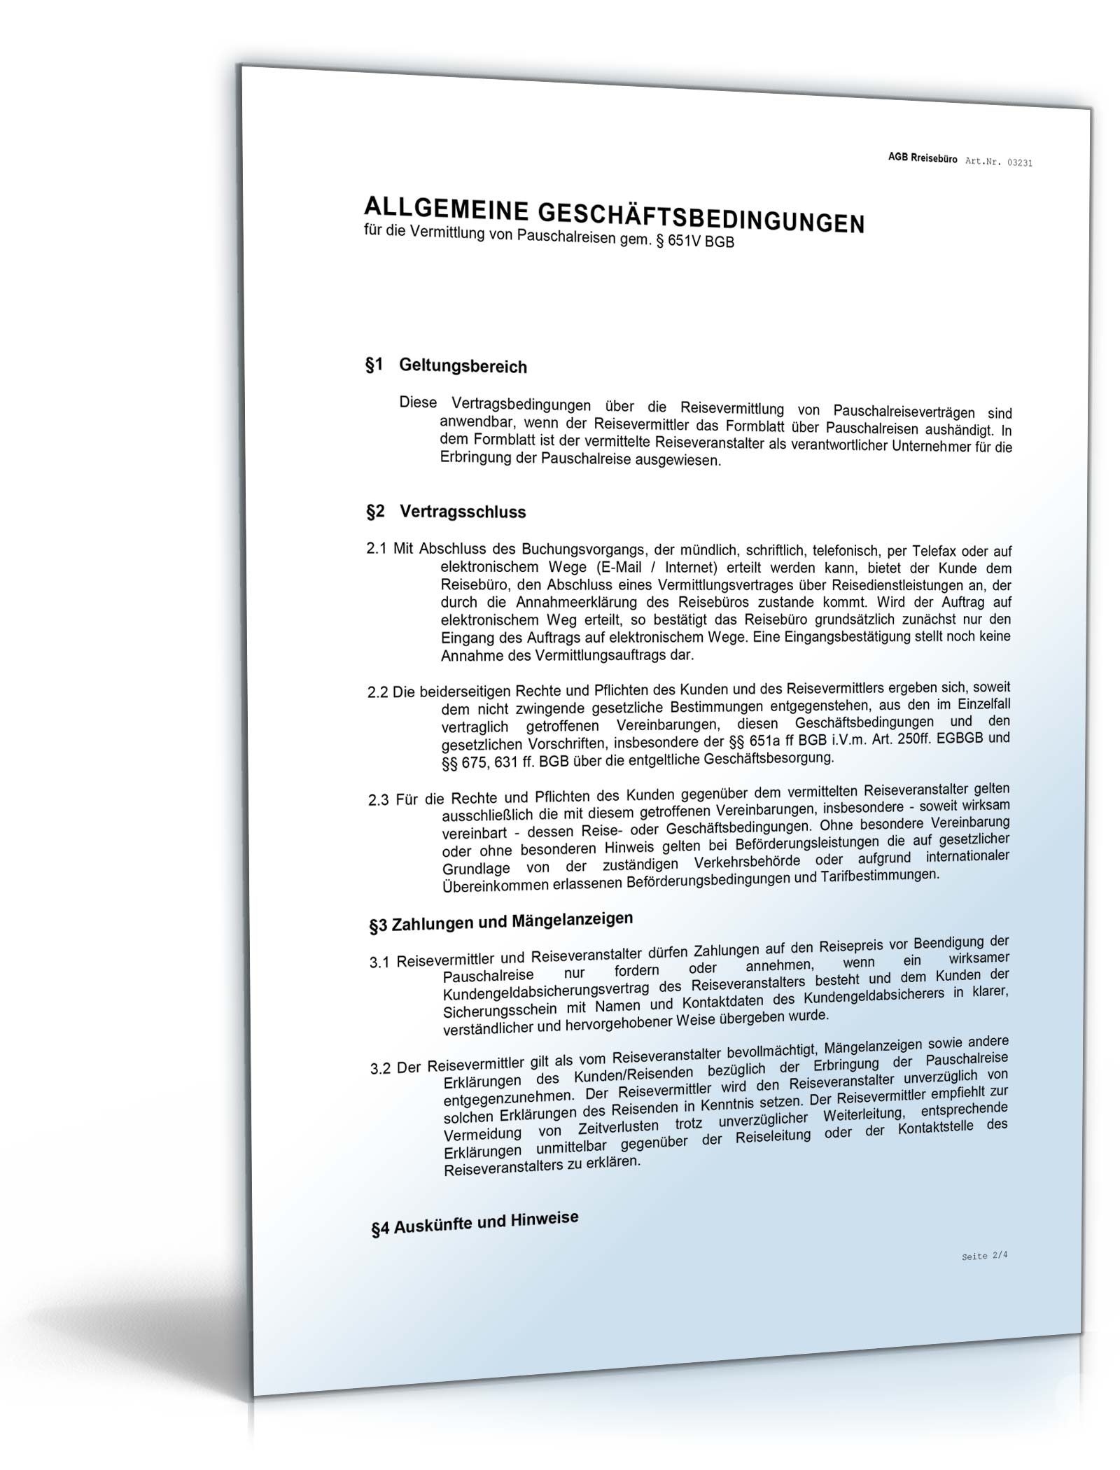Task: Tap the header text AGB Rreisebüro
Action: (x=922, y=159)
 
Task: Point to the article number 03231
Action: (x=1019, y=163)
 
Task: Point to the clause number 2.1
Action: (x=377, y=549)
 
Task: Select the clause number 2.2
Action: (x=378, y=692)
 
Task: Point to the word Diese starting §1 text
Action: (x=417, y=402)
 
